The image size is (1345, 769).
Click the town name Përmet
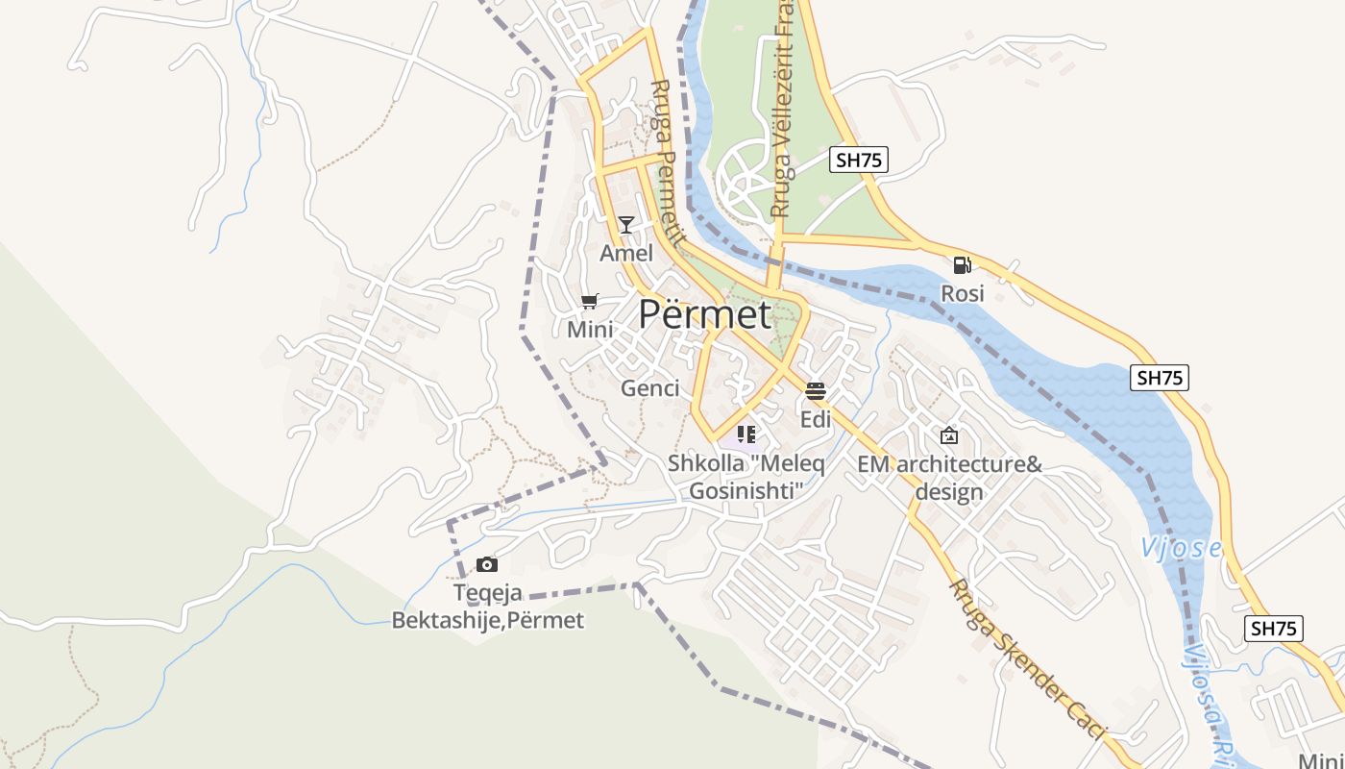click(704, 314)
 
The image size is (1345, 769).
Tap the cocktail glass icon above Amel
click(626, 225)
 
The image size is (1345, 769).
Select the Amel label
click(626, 253)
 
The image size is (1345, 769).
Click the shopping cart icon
click(590, 302)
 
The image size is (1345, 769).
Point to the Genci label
click(650, 388)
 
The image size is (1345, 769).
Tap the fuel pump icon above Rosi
click(962, 265)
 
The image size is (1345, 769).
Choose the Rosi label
click(962, 293)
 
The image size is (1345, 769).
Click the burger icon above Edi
click(816, 391)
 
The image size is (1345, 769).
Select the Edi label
click(816, 420)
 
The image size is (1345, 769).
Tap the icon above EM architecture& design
click(949, 435)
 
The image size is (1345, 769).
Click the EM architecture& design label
click(949, 478)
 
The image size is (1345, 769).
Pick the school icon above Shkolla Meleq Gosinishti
click(746, 434)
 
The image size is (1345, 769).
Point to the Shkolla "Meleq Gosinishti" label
click(746, 477)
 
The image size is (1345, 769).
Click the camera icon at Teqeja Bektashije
click(487, 564)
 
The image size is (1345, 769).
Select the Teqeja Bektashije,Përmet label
click(487, 607)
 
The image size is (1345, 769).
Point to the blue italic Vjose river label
click(1181, 549)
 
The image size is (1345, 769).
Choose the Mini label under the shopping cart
click(590, 330)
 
